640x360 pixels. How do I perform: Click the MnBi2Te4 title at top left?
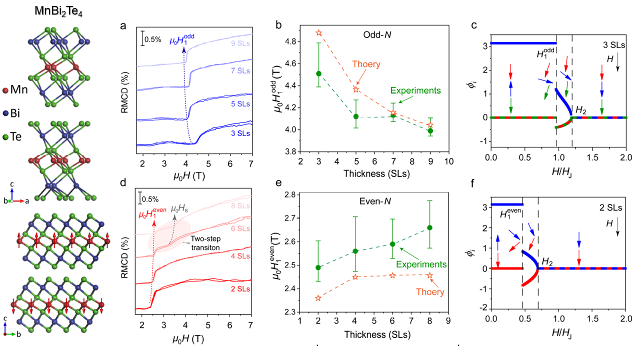[58, 11]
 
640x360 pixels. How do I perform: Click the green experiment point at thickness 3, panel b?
[318, 73]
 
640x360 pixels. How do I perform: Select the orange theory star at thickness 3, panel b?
[318, 33]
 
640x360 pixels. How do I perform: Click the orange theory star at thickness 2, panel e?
[318, 298]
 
